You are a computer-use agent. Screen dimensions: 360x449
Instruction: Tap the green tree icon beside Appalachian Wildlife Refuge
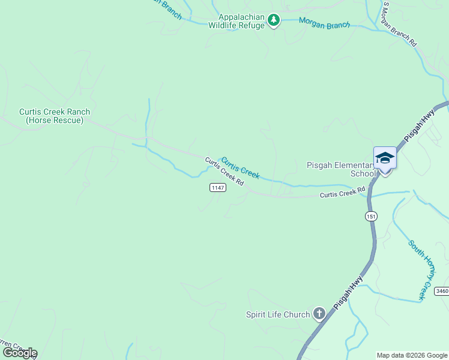[x=274, y=21]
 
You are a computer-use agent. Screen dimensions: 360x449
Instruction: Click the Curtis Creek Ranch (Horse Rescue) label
[x=54, y=116]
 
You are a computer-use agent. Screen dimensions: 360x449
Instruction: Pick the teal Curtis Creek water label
[x=240, y=168]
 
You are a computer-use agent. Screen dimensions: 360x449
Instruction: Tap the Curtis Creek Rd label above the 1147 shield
[x=224, y=171]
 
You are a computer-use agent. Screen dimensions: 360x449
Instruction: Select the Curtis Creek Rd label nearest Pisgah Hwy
[x=342, y=193]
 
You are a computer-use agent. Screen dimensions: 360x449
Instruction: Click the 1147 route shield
[x=218, y=188]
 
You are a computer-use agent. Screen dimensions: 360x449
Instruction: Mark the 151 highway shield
[x=372, y=216]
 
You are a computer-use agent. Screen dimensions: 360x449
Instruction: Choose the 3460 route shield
[x=441, y=291]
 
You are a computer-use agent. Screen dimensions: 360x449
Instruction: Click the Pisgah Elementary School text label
[x=340, y=169]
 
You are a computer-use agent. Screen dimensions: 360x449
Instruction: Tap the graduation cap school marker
[x=385, y=158]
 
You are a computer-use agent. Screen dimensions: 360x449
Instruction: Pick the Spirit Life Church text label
[x=278, y=314]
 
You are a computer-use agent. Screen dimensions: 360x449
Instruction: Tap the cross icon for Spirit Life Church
[x=319, y=313]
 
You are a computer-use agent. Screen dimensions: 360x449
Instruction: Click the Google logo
[x=19, y=353]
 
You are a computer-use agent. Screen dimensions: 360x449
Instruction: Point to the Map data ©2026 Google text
[x=412, y=355]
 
